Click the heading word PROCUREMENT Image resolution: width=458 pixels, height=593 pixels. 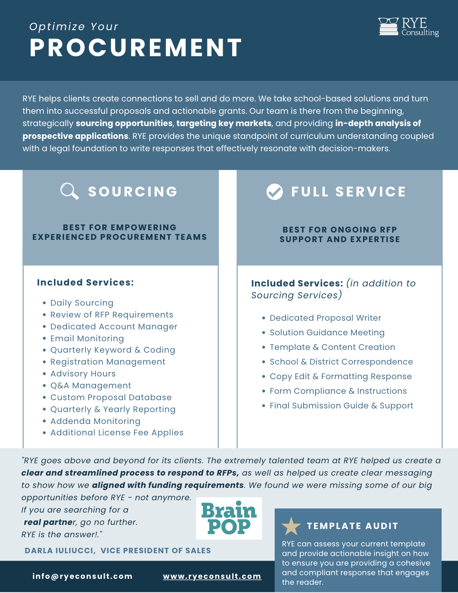pyautogui.click(x=136, y=48)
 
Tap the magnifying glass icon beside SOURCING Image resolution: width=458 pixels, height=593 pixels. pyautogui.click(x=69, y=191)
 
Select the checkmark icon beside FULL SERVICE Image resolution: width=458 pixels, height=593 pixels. pyautogui.click(x=275, y=192)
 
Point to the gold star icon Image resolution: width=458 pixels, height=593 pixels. pyautogui.click(x=291, y=526)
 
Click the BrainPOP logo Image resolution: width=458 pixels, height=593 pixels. pyautogui.click(x=229, y=518)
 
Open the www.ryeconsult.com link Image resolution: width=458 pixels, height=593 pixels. pyautogui.click(x=212, y=577)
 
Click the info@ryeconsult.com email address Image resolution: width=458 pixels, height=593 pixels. pyautogui.click(x=82, y=577)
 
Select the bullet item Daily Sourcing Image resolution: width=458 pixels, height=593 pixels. pyautogui.click(x=82, y=303)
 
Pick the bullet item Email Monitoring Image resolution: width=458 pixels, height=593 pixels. pyautogui.click(x=87, y=339)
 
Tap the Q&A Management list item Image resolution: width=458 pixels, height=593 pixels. pyautogui.click(x=91, y=386)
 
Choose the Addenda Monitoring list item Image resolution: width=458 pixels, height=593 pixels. pyautogui.click(x=95, y=421)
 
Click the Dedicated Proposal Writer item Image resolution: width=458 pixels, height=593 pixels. pyautogui.click(x=325, y=318)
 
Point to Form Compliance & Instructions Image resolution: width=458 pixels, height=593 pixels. pyautogui.click(x=338, y=391)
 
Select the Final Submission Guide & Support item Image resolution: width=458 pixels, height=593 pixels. pyautogui.click(x=341, y=406)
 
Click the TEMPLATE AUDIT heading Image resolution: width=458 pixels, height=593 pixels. pyautogui.click(x=352, y=526)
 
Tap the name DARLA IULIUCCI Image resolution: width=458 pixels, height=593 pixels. pyautogui.click(x=60, y=551)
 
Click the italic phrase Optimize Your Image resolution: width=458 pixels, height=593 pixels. pyautogui.click(x=74, y=26)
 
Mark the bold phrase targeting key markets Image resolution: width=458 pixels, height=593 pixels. pyautogui.click(x=224, y=123)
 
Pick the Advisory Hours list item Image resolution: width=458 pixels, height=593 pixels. pyautogui.click(x=83, y=374)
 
